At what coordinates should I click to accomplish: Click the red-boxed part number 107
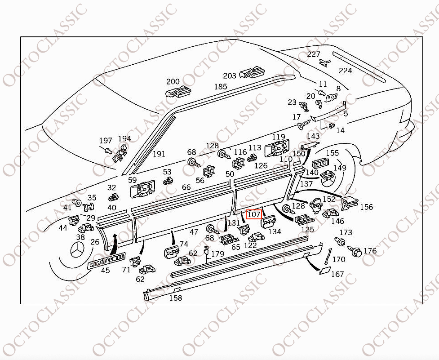pyautogui.click(x=254, y=214)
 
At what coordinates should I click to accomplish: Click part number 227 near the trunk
pyautogui.click(x=313, y=54)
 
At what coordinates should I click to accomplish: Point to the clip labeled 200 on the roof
pyautogui.click(x=178, y=92)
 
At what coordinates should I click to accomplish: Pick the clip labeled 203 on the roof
pyautogui.click(x=252, y=72)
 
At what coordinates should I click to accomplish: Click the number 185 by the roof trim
pyautogui.click(x=221, y=86)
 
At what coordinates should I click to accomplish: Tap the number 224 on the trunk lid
pyautogui.click(x=345, y=71)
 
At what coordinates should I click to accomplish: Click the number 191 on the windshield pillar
pyautogui.click(x=159, y=154)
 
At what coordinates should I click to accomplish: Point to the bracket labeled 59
pyautogui.click(x=142, y=188)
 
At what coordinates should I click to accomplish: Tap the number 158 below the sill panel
pyautogui.click(x=176, y=298)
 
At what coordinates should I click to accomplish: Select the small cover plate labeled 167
pyautogui.click(x=324, y=270)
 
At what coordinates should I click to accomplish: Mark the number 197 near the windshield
pyautogui.click(x=106, y=141)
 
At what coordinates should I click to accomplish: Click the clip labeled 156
pyautogui.click(x=350, y=202)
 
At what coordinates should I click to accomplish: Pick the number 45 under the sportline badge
pyautogui.click(x=105, y=271)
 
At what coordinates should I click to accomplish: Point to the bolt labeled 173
pyautogui.click(x=340, y=241)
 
